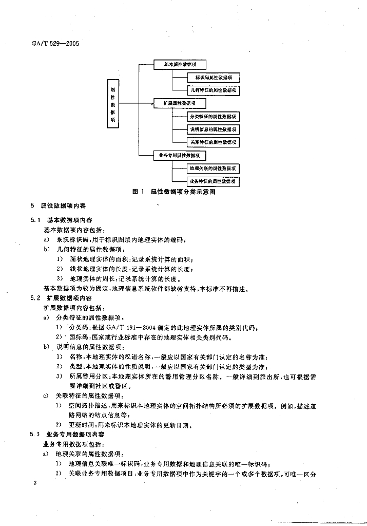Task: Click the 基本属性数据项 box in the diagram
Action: coord(180,65)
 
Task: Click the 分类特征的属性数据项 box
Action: coord(214,117)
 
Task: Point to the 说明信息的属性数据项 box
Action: coord(214,129)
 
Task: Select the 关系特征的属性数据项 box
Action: coord(214,142)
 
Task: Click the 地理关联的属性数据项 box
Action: coord(214,168)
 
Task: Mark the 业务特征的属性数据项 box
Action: coord(214,181)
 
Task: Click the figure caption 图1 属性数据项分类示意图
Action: coord(173,192)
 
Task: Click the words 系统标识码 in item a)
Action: coord(70,239)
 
